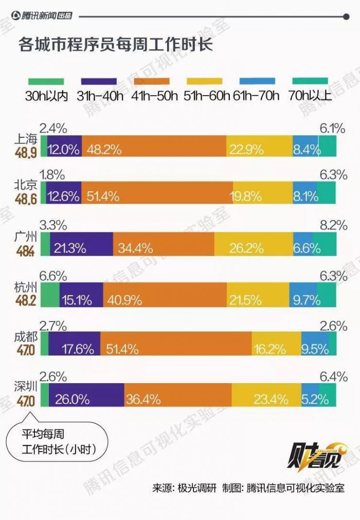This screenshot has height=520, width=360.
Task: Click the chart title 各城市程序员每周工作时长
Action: tap(116, 43)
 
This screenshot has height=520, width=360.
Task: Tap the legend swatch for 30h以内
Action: tap(46, 81)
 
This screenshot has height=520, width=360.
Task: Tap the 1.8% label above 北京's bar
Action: tap(52, 175)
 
